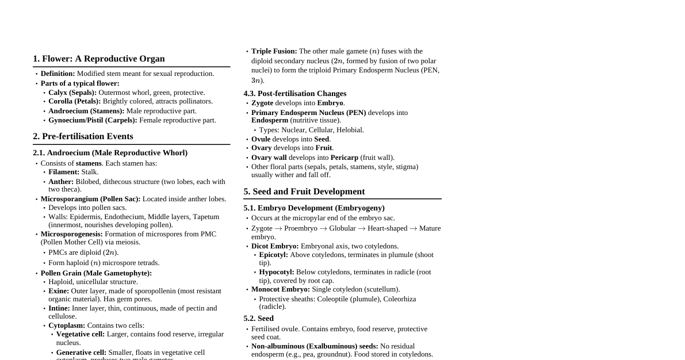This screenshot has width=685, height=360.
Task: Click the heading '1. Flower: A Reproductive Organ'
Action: tap(98, 59)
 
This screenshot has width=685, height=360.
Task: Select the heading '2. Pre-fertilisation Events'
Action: tap(83, 136)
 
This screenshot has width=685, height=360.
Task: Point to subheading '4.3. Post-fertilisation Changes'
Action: tap(294, 93)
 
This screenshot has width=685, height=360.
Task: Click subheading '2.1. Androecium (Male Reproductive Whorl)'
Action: tap(110, 152)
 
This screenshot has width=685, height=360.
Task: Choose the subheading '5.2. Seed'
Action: tap(258, 318)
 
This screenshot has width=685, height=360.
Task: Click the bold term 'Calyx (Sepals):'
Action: tap(72, 93)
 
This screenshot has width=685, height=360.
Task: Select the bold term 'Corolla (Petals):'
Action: tap(74, 101)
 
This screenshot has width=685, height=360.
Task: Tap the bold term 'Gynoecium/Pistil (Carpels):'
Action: tap(93, 120)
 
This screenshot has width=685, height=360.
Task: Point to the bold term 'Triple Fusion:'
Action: tap(274, 51)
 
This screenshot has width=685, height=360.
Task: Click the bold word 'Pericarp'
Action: tap(344, 158)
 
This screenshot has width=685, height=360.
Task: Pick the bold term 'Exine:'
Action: tap(59, 291)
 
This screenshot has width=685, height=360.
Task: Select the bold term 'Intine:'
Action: tap(59, 308)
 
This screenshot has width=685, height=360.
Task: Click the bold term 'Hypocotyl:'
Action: tap(276, 272)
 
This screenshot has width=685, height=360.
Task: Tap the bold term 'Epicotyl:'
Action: tap(273, 255)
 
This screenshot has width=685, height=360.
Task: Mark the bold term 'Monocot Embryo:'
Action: tap(280, 289)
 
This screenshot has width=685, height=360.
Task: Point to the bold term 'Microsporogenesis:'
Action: tap(71, 234)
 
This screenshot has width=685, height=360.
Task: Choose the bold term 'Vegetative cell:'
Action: tap(81, 334)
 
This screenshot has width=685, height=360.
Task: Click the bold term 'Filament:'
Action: tap(64, 172)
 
